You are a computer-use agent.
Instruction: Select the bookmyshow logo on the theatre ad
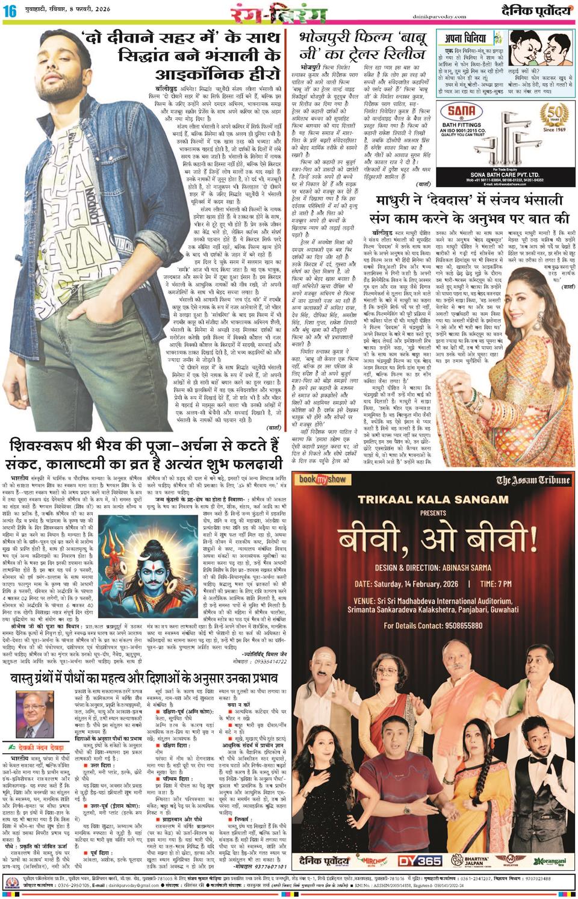[x=324, y=479]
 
